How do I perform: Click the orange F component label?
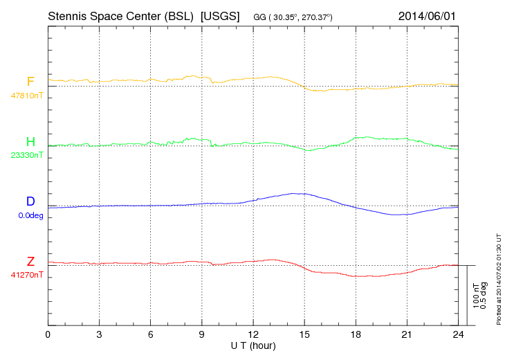tap(30, 82)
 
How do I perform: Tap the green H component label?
tap(30, 142)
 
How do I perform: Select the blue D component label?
tap(30, 202)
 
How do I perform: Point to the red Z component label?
tap(30, 262)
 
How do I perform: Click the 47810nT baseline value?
tap(26, 96)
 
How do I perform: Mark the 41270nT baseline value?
tap(26, 275)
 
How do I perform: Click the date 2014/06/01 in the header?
tap(428, 15)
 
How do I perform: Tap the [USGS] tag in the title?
tap(219, 15)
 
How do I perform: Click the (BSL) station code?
tap(178, 15)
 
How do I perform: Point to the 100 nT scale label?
tap(477, 295)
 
